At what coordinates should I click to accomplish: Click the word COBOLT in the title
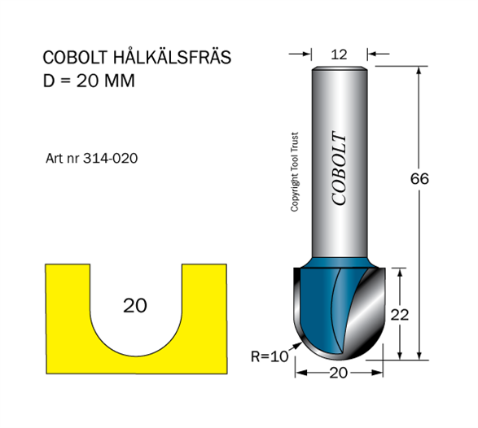(x=75, y=57)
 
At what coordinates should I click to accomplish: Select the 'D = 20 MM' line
(x=89, y=81)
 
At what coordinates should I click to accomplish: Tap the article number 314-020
(x=111, y=159)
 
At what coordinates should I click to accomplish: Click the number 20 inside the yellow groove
(x=135, y=306)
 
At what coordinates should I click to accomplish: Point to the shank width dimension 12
(x=339, y=55)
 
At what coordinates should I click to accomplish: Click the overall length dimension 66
(x=419, y=178)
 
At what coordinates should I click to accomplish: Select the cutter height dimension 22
(x=399, y=315)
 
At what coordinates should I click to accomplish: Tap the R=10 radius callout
(x=270, y=356)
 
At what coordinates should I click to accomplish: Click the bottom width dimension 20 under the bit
(x=339, y=373)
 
